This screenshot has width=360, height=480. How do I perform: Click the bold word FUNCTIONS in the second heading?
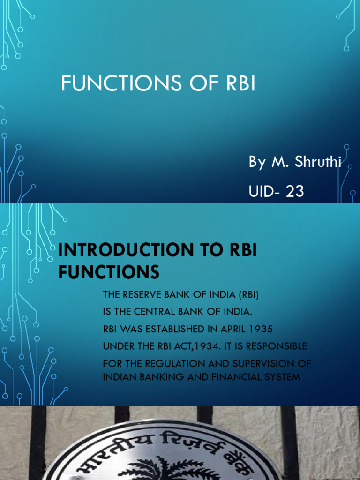pos(109,272)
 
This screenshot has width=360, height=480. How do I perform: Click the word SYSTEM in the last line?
pos(283,376)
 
